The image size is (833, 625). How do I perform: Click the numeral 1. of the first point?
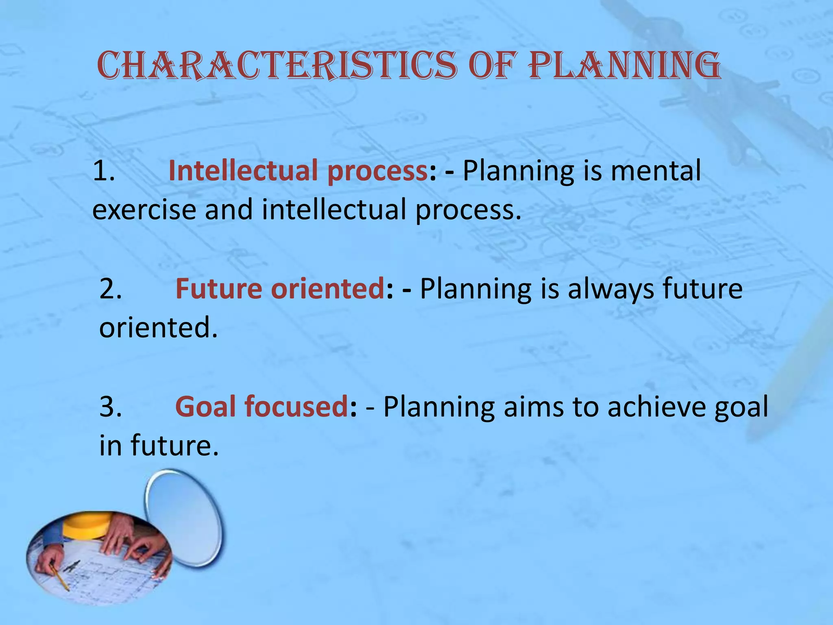coord(103,171)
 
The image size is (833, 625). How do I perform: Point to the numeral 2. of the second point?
coord(110,289)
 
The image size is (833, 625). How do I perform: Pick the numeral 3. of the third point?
coord(110,407)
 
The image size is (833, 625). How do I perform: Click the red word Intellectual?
coord(242,171)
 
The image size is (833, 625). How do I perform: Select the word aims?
coord(533,407)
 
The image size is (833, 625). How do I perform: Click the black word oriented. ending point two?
coord(158,328)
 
